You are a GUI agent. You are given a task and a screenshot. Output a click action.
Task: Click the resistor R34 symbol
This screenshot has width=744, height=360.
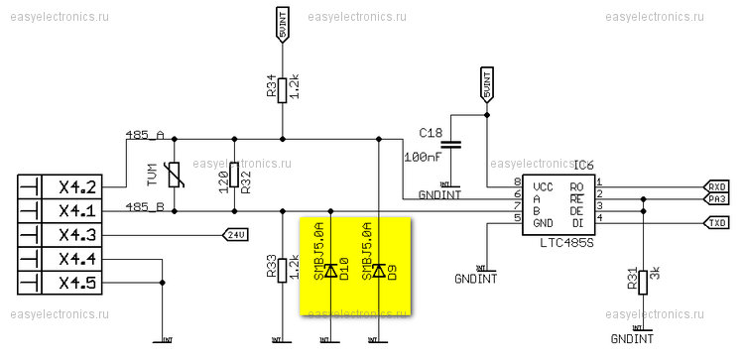click(283, 88)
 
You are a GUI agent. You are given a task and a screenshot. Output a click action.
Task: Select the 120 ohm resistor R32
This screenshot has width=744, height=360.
click(234, 175)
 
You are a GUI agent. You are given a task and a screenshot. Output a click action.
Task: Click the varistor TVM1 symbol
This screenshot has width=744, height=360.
click(174, 176)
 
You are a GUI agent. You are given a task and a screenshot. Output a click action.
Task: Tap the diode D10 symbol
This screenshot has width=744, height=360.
click(330, 271)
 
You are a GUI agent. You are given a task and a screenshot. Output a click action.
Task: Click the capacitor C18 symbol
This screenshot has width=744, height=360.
click(451, 144)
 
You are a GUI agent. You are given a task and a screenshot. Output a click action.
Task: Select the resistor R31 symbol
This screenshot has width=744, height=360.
click(642, 281)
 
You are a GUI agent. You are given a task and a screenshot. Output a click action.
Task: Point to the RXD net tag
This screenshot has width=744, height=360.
click(716, 185)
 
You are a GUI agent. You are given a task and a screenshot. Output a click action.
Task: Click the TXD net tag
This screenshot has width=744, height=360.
click(716, 223)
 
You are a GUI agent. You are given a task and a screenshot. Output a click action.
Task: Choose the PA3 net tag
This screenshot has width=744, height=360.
click(716, 198)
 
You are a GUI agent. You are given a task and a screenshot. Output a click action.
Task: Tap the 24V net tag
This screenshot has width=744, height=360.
click(234, 235)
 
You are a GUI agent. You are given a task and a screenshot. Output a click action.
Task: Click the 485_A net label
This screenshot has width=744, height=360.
click(145, 134)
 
